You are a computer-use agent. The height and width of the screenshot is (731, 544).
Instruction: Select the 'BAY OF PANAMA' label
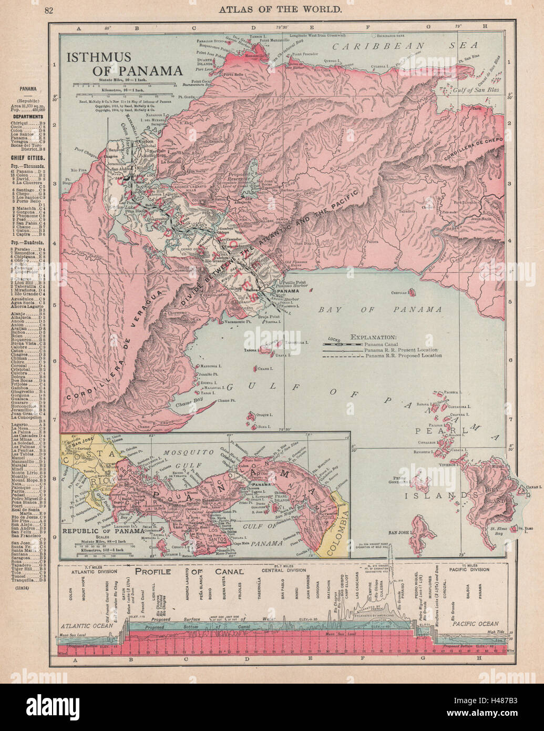coord(380,309)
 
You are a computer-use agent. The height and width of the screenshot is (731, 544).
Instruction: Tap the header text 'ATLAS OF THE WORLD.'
coord(271,9)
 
